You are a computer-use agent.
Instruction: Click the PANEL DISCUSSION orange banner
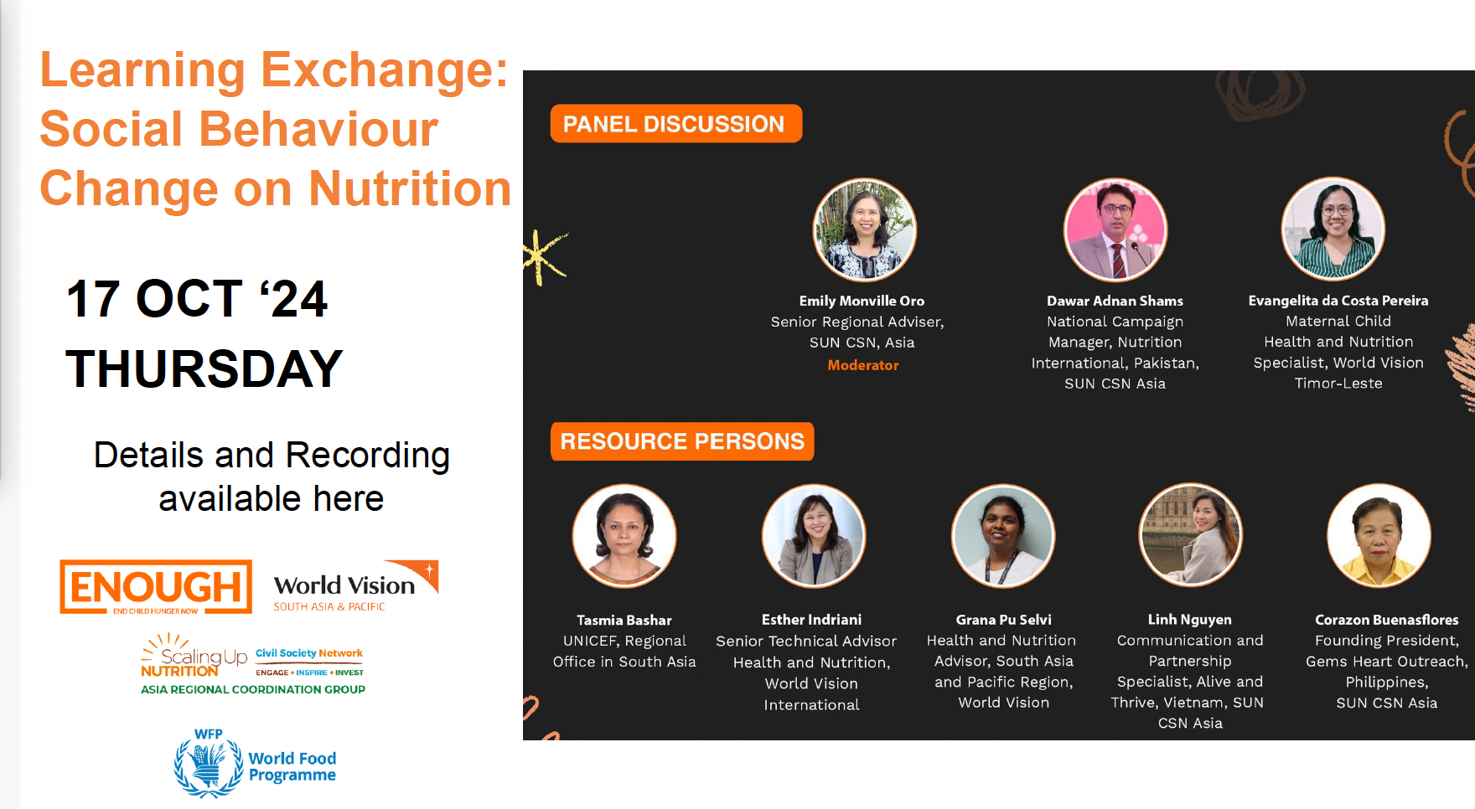(675, 124)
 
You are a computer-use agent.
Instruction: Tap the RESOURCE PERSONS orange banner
(682, 441)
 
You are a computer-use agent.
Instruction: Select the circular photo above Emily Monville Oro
(865, 229)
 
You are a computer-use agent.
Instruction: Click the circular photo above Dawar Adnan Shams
(1115, 229)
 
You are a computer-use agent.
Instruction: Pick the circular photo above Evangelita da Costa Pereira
(1333, 229)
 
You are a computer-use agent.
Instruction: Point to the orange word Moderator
(863, 365)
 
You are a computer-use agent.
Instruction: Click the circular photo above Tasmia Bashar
(624, 536)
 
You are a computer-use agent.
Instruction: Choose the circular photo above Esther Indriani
(814, 536)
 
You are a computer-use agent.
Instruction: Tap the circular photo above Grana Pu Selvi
(1003, 536)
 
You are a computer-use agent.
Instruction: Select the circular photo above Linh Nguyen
(1191, 535)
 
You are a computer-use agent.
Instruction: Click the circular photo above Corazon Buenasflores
(1379, 535)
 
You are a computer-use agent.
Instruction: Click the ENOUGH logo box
(156, 587)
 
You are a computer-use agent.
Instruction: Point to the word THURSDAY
(204, 368)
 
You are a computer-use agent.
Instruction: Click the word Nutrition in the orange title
(410, 188)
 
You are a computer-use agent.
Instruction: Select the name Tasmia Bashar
(624, 621)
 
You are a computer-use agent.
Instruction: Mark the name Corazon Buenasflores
(1387, 620)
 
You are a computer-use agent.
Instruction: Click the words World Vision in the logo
(344, 585)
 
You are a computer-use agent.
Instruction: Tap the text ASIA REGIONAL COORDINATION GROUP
(253, 689)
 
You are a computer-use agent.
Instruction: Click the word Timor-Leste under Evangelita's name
(1338, 384)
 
